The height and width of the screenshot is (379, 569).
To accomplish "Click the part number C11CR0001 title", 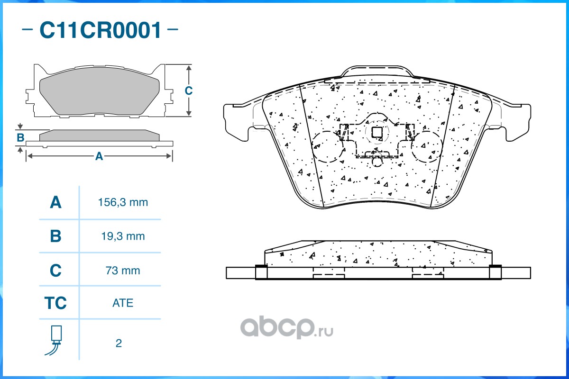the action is pyautogui.click(x=101, y=30).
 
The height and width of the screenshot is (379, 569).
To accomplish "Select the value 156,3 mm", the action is pyautogui.click(x=123, y=202).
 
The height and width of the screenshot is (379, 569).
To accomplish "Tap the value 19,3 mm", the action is pyautogui.click(x=123, y=236).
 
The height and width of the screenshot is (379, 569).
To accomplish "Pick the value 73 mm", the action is pyautogui.click(x=123, y=271).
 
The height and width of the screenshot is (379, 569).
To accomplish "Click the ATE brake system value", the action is pyautogui.click(x=123, y=303).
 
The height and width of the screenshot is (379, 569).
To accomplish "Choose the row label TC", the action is pyautogui.click(x=55, y=303).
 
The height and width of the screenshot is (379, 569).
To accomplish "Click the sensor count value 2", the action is pyautogui.click(x=119, y=343).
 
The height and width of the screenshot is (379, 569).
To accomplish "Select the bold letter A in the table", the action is pyautogui.click(x=55, y=203).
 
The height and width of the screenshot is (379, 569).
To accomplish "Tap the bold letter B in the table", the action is pyautogui.click(x=55, y=236).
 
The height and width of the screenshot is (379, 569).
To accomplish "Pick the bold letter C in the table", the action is pyautogui.click(x=55, y=271).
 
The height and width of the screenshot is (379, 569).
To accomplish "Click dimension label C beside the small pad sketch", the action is pyautogui.click(x=188, y=90).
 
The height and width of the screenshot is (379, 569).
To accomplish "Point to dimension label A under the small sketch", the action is pyautogui.click(x=99, y=156).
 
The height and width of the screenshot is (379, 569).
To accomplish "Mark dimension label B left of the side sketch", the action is pyautogui.click(x=20, y=138).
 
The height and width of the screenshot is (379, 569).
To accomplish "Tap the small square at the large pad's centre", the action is pyautogui.click(x=377, y=133).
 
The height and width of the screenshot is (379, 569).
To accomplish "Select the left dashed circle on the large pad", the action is pyautogui.click(x=328, y=146).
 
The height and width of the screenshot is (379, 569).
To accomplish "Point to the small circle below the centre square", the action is pyautogui.click(x=377, y=161).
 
